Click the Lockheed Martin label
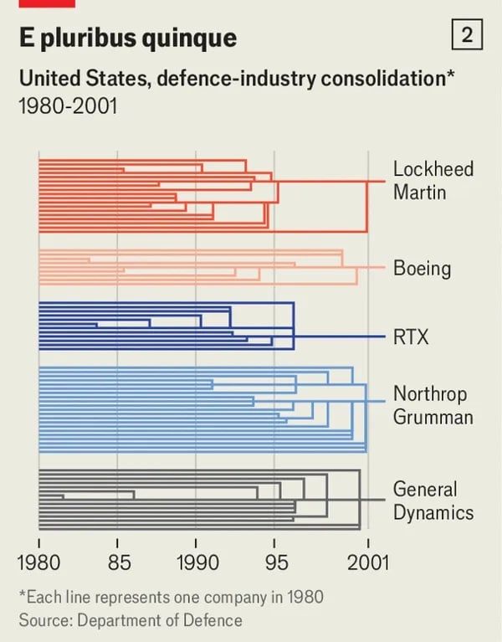click(433, 180)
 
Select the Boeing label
click(422, 269)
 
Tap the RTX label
click(411, 337)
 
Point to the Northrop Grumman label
click(433, 405)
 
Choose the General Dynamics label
click(433, 501)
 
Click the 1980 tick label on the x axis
click(38, 561)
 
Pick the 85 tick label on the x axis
click(117, 561)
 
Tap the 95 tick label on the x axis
click(275, 561)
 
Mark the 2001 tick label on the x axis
click(368, 561)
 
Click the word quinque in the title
click(188, 38)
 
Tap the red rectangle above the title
click(47, 3)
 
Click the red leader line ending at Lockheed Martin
click(376, 181)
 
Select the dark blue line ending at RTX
click(339, 337)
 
